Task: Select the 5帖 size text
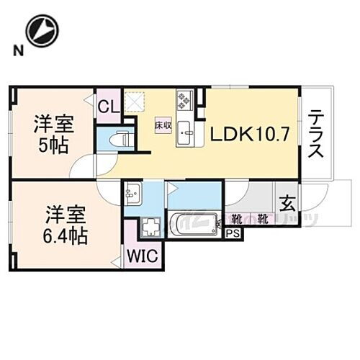tap(54, 145)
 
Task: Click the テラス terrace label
tap(317, 134)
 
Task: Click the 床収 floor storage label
tap(161, 124)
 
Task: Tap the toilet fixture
tap(120, 138)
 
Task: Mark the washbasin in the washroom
tap(133, 193)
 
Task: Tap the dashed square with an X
tap(134, 102)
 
